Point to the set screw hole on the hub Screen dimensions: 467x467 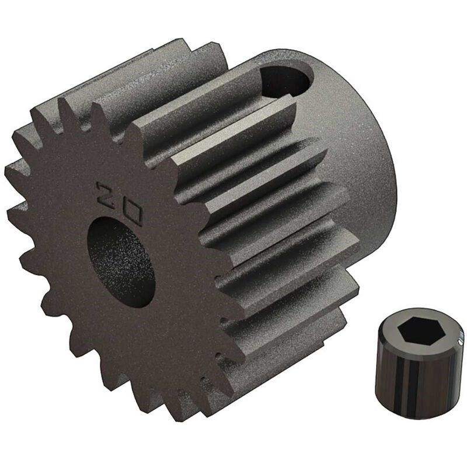[x=285, y=80]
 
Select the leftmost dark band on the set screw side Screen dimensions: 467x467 [x=385, y=379]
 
